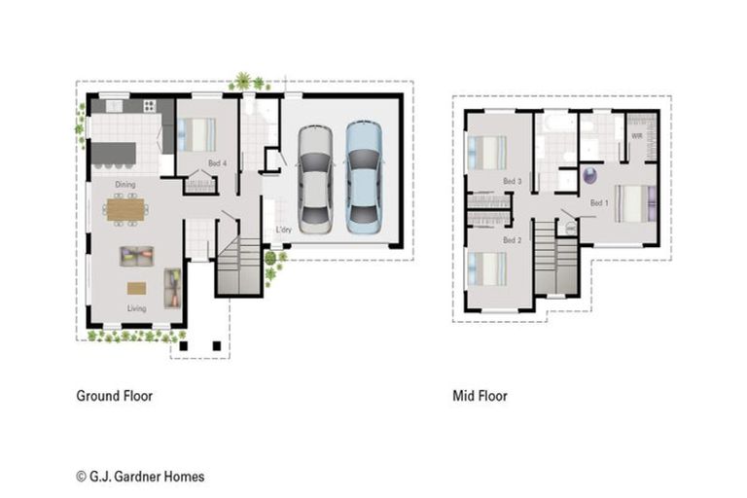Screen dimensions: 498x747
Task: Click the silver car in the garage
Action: click(x=315, y=178)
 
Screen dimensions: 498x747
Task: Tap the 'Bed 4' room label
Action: click(x=217, y=164)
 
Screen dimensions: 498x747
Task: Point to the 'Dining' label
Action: click(x=125, y=184)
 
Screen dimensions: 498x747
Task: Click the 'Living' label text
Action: click(x=136, y=308)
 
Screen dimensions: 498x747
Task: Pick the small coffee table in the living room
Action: click(x=136, y=288)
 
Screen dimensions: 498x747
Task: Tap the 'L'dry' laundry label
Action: click(x=283, y=231)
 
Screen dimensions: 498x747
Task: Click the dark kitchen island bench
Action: click(x=114, y=154)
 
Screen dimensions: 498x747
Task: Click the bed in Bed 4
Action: click(x=197, y=133)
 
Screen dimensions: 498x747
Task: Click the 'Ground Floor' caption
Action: click(x=115, y=396)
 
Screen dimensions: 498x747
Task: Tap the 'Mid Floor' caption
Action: click(x=480, y=396)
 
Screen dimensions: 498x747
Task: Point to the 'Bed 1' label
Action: click(x=599, y=202)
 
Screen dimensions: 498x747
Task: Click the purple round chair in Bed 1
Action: click(x=589, y=176)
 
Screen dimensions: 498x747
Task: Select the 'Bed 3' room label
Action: click(x=513, y=182)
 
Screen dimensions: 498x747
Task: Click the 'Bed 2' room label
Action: click(x=513, y=239)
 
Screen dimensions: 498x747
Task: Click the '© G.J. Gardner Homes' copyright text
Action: click(x=140, y=477)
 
